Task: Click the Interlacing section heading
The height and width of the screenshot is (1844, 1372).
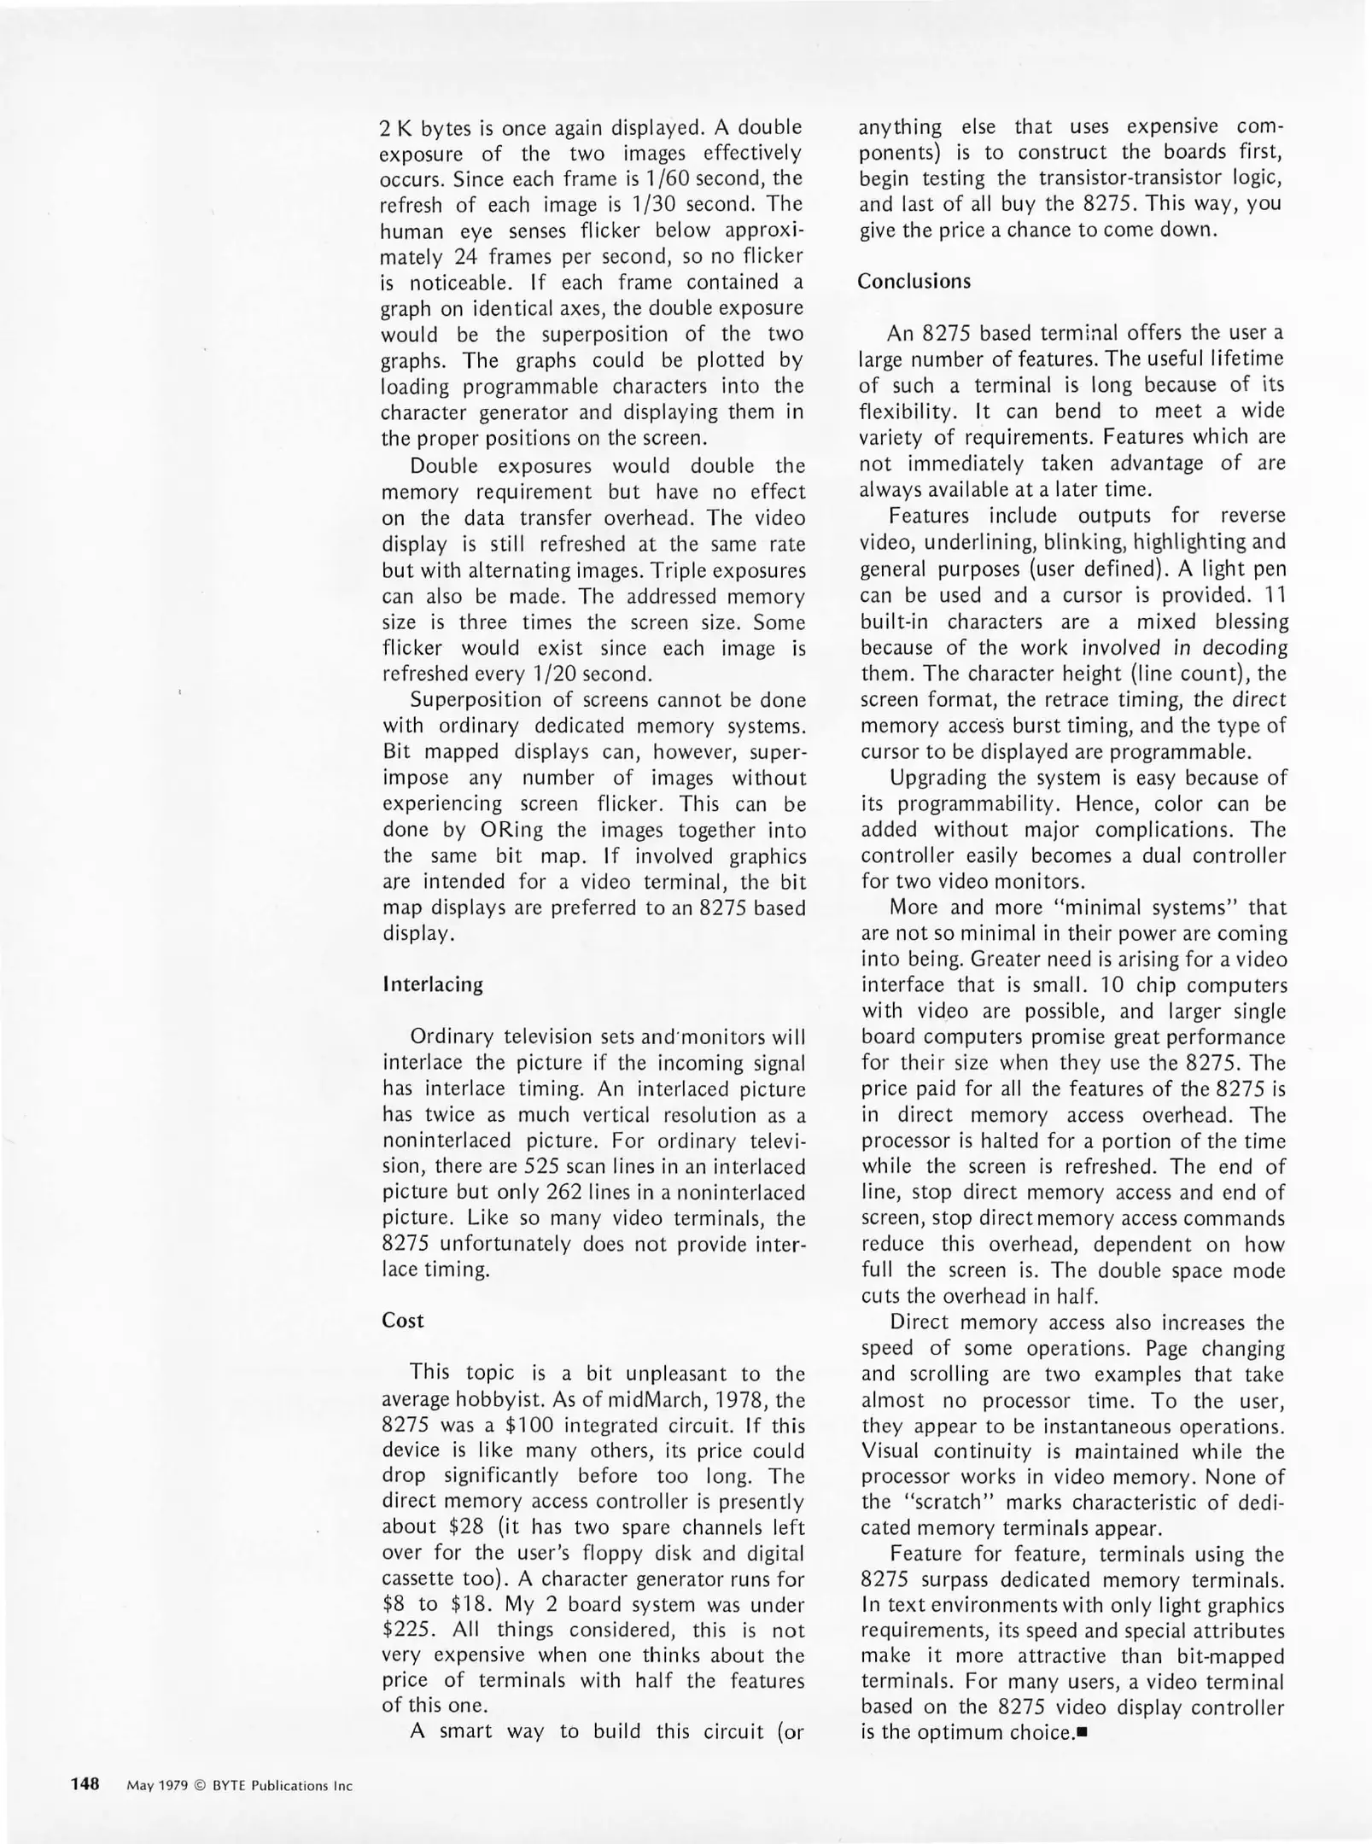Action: [x=433, y=984]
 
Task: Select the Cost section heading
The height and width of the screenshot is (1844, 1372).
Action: [x=403, y=1320]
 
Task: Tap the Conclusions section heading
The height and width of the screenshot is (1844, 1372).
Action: [x=914, y=281]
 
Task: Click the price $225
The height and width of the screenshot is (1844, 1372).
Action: [x=406, y=1631]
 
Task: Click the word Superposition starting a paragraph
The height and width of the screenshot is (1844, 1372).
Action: [x=478, y=700]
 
